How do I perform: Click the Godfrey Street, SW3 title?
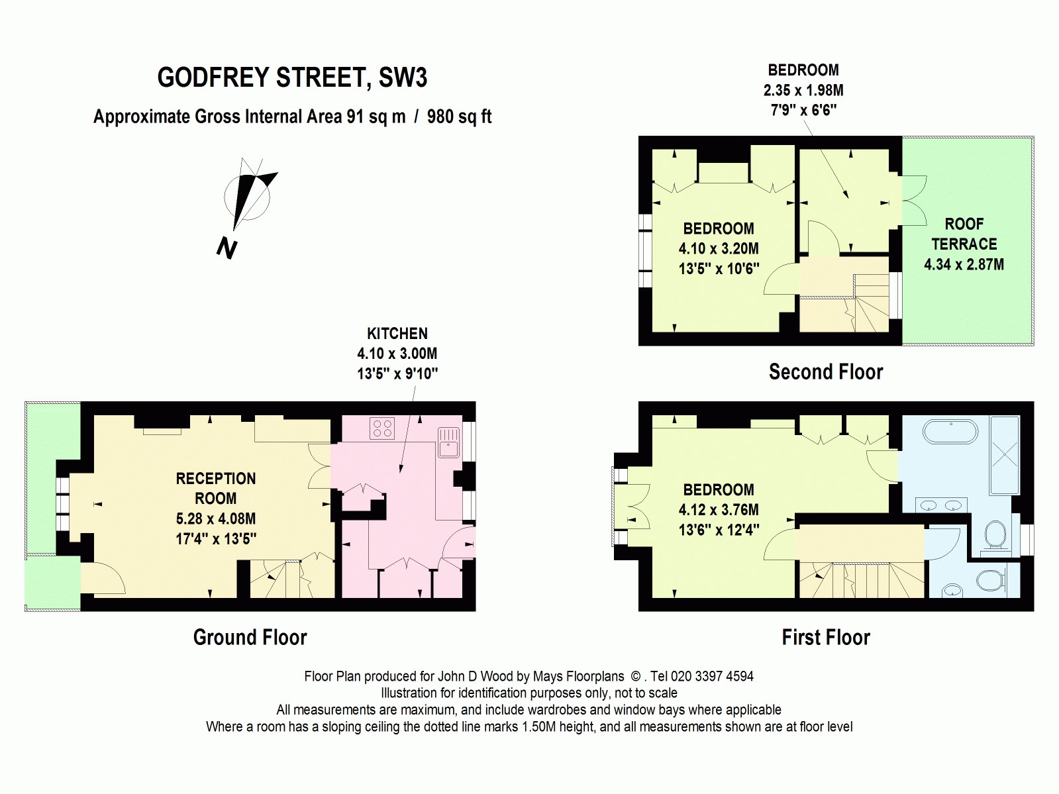292,78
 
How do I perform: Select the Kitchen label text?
397,334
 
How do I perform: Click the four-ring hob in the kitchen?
382,428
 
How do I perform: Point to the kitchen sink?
448,442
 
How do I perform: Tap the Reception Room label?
216,488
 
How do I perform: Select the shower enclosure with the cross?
1005,455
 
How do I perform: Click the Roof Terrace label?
964,234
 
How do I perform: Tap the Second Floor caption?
825,372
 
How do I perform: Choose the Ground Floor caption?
250,637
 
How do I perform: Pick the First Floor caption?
825,637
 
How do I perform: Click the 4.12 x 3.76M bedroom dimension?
719,510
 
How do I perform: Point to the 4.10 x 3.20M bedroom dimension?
719,249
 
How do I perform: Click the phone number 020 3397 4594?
712,676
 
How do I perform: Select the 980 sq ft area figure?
459,117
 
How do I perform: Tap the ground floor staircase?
275,578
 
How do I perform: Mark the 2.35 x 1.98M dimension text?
803,91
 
